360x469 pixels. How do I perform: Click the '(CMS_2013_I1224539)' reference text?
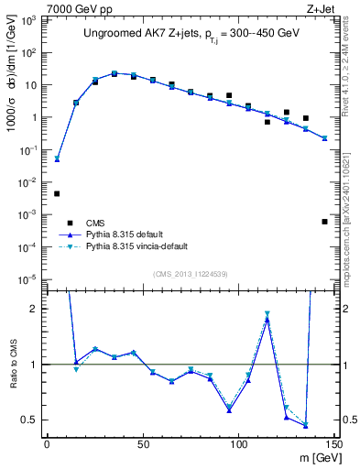click(190, 273)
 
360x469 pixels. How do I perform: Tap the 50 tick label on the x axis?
click(143, 444)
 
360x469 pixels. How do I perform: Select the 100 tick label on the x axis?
click(239, 444)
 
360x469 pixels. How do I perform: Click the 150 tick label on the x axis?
click(333, 444)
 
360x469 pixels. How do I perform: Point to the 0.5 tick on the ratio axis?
click(30, 420)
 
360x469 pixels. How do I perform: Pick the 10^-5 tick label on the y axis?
click(29, 278)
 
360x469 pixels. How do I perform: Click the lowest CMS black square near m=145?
click(324, 222)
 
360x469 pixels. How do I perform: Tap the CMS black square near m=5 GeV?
click(57, 193)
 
